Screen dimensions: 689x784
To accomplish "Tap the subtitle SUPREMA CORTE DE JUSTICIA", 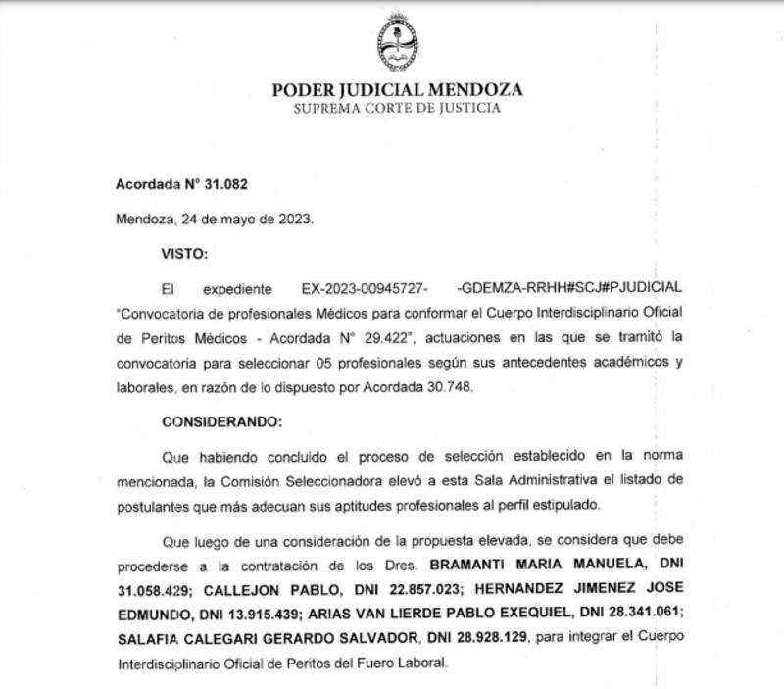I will [x=397, y=108].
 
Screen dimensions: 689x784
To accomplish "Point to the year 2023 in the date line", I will [x=294, y=219].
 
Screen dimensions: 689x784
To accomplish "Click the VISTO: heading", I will [x=184, y=253].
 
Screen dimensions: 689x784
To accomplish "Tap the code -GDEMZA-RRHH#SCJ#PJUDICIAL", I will [x=567, y=290].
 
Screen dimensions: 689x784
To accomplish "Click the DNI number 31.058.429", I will [x=143, y=589].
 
